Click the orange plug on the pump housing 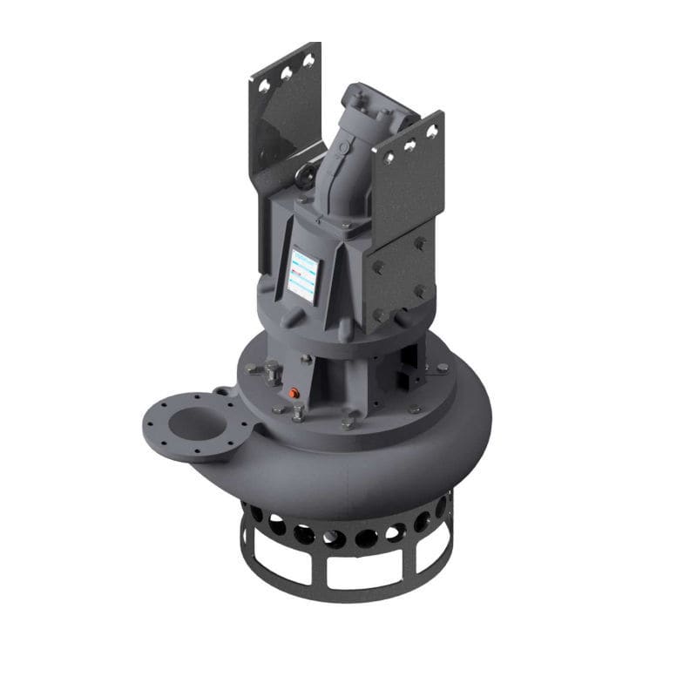(297, 393)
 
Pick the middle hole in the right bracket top (410, 140)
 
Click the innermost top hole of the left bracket (307, 60)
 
